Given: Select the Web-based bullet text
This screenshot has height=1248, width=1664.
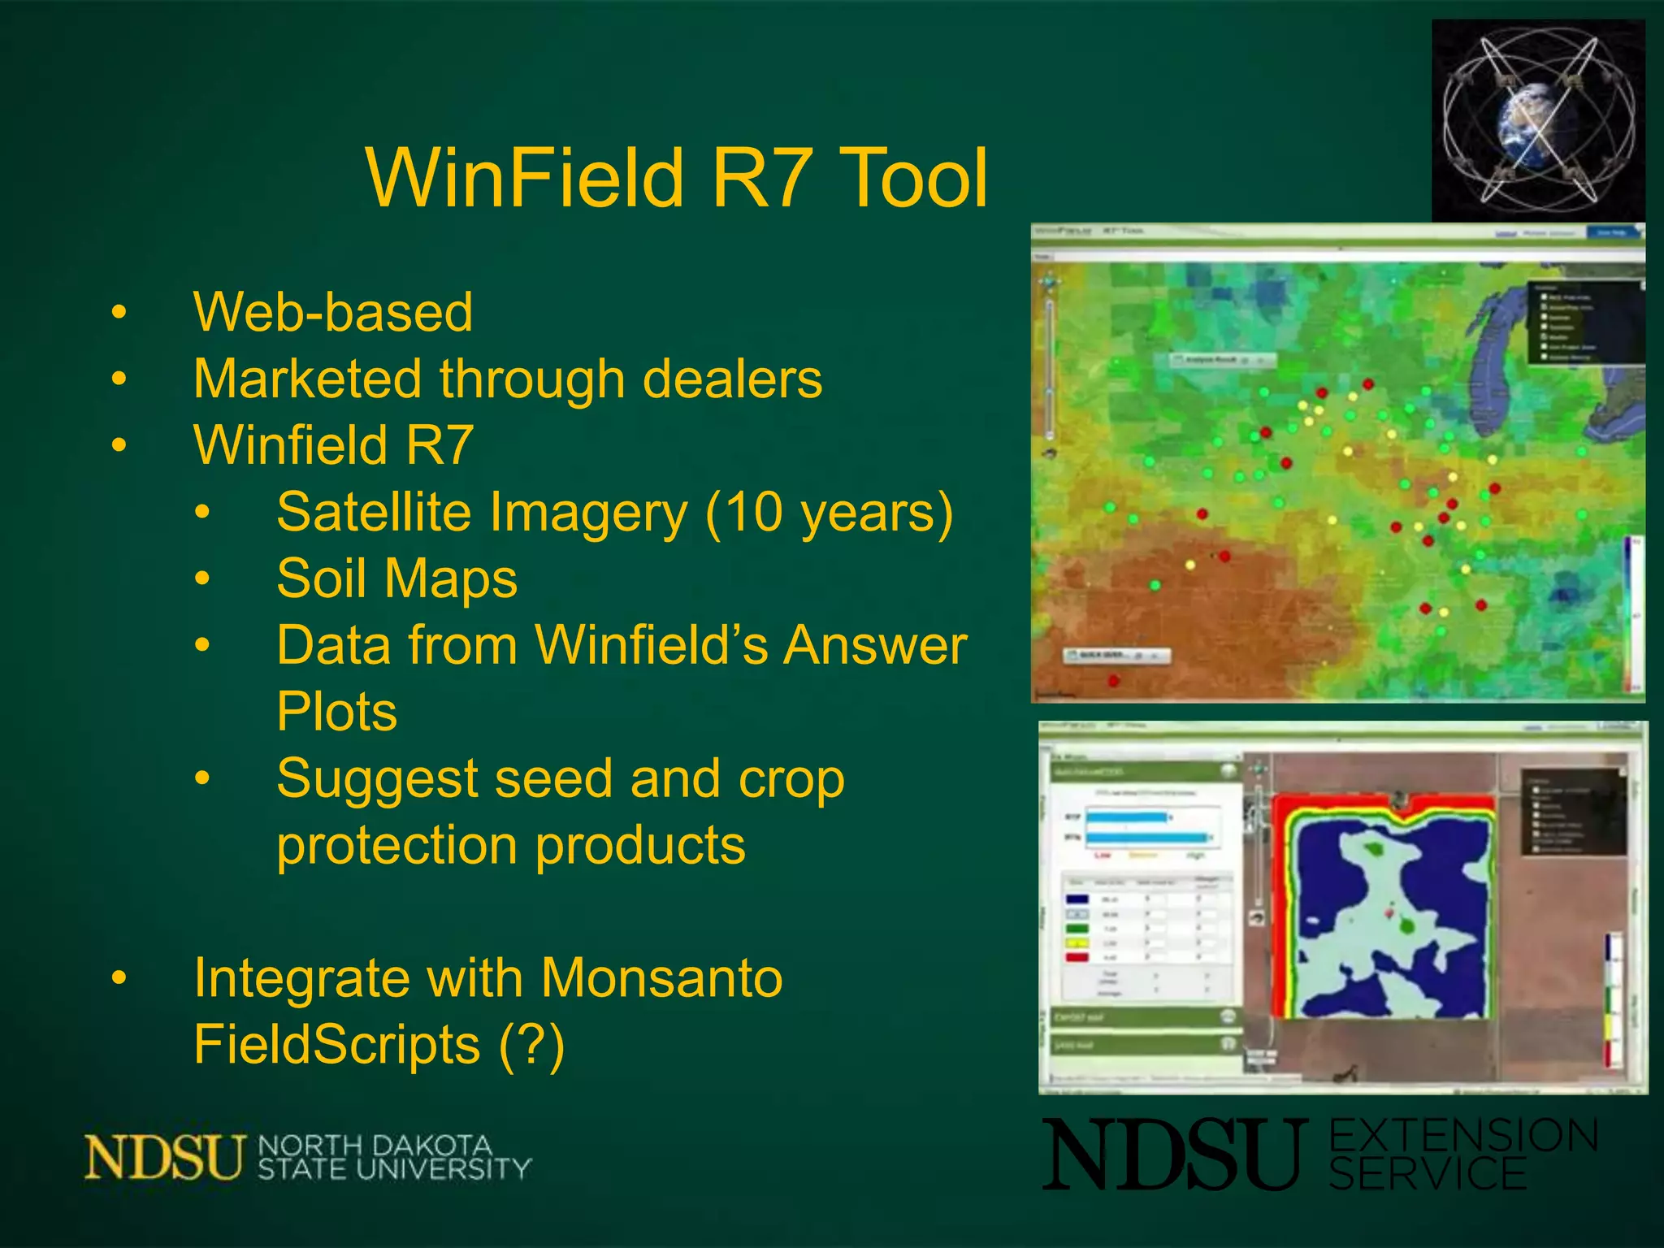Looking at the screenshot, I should (333, 312).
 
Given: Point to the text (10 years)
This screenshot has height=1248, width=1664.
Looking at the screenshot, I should (829, 513).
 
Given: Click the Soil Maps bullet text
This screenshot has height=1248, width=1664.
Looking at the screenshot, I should (396, 578).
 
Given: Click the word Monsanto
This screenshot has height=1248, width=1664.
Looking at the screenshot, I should (661, 977).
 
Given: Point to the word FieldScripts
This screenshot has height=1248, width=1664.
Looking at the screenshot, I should (336, 1044).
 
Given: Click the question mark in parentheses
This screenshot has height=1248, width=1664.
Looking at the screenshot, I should (531, 1044).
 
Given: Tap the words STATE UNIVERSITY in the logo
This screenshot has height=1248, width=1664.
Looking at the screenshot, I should (394, 1169).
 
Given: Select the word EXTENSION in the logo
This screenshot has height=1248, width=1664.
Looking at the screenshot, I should (1463, 1135).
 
